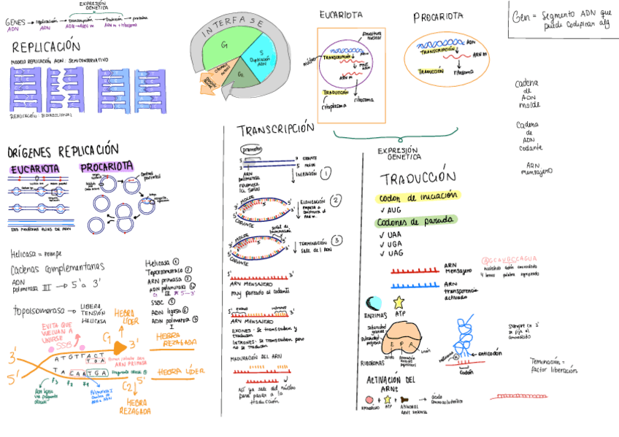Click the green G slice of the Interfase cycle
coord(226,47)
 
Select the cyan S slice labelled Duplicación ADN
coord(260,55)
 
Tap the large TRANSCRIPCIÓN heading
coord(275,129)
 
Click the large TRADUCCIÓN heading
coord(418,178)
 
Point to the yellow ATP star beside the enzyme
coord(398,302)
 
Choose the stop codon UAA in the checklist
coord(395,234)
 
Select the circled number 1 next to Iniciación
coord(326,173)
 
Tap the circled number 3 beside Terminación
coord(336,240)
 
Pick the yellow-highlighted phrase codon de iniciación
coord(418,196)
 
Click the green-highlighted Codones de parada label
coord(416,221)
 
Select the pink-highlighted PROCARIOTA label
coord(107,166)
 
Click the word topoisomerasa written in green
coord(39,311)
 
